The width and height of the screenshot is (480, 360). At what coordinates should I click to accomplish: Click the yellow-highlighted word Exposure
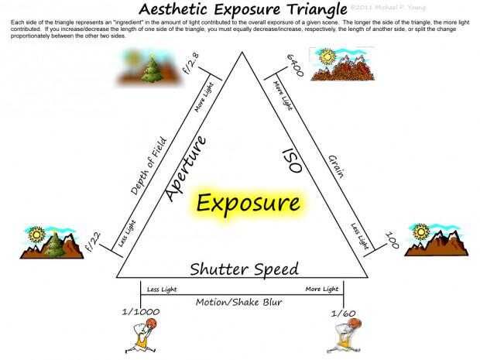click(248, 204)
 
